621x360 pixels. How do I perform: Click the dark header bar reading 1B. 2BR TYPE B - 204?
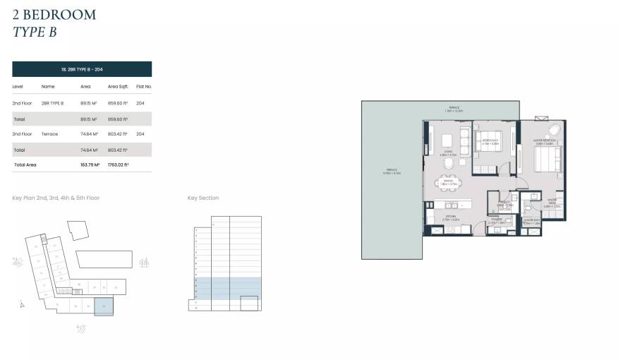click(x=82, y=68)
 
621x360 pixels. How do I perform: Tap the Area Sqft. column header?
click(x=117, y=86)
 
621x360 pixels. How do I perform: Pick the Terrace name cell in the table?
click(x=49, y=133)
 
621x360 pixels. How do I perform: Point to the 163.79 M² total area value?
click(x=90, y=164)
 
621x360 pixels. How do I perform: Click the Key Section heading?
click(x=203, y=198)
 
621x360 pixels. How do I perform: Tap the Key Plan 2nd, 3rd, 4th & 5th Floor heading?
click(x=56, y=198)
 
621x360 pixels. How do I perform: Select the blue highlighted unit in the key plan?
click(x=104, y=306)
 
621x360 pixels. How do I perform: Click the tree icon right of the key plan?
click(x=145, y=262)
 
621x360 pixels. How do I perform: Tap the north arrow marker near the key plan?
click(x=22, y=305)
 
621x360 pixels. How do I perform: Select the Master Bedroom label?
click(x=545, y=140)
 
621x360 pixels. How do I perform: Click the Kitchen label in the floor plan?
click(x=450, y=217)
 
